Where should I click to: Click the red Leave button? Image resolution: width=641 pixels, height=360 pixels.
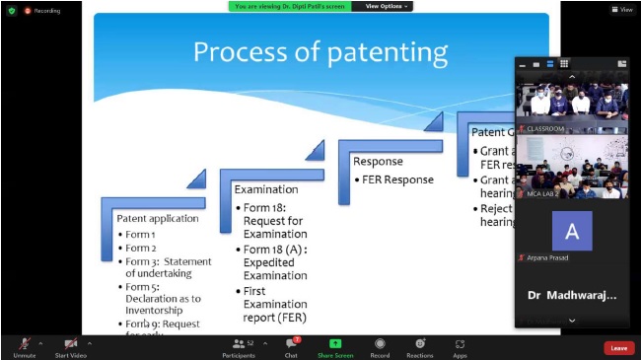tap(618, 347)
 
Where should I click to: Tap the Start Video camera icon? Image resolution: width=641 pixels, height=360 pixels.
tap(71, 343)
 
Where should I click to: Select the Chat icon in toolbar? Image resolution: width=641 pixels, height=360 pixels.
tap(291, 343)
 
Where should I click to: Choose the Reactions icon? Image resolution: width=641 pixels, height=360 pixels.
tap(420, 343)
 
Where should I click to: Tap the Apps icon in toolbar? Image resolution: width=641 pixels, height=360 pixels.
tap(460, 343)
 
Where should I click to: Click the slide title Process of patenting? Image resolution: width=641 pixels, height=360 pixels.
tap(320, 51)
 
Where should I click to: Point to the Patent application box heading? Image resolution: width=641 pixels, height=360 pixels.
tap(157, 217)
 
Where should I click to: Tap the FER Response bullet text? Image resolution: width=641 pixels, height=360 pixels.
tap(396, 180)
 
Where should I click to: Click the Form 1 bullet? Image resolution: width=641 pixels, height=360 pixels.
tap(140, 234)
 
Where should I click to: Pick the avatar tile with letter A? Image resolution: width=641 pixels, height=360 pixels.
tap(572, 231)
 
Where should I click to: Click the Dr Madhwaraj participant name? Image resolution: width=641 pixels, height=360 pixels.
tap(571, 295)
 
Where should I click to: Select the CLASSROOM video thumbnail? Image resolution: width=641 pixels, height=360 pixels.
tap(572, 103)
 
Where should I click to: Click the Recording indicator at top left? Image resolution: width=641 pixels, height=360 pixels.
tap(42, 11)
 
